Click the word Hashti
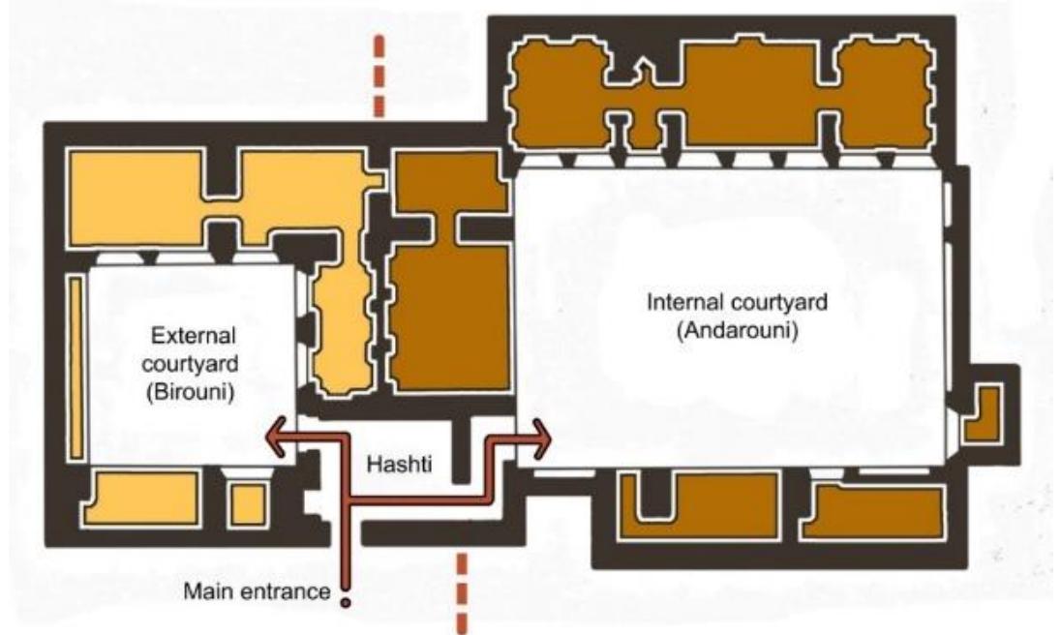click(x=399, y=465)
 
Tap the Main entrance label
click(x=258, y=591)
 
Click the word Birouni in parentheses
click(x=190, y=393)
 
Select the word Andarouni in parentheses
click(x=737, y=331)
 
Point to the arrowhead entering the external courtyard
click(x=275, y=437)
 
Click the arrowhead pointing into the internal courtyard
click(x=541, y=438)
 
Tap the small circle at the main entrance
click(x=346, y=602)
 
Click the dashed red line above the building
click(x=379, y=76)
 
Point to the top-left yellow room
click(x=136, y=197)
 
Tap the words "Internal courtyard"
click(x=737, y=302)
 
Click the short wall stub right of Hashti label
click(x=462, y=450)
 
